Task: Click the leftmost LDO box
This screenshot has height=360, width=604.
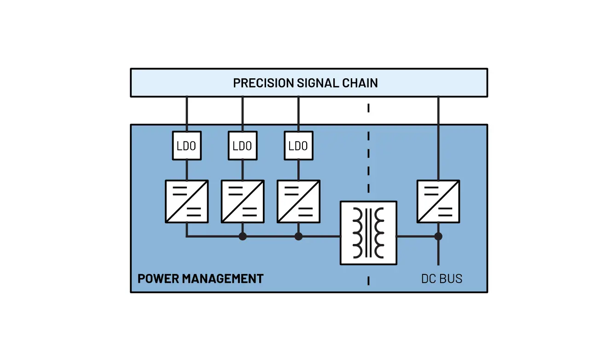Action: pos(186,146)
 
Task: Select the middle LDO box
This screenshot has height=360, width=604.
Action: pos(243,146)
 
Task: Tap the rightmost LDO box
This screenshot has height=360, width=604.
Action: pos(298,146)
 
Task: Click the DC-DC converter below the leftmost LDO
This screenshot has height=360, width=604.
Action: pos(186,201)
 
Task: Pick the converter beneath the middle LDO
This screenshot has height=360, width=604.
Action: pos(243,201)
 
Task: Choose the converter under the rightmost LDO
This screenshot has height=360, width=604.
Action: pos(298,201)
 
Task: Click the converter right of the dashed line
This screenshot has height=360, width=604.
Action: pos(438,201)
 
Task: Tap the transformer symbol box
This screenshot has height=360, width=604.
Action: pos(368,233)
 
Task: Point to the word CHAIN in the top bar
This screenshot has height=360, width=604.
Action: pos(360,83)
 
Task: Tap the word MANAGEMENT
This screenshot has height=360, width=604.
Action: pos(223,279)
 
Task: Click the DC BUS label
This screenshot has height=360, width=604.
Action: pos(441,279)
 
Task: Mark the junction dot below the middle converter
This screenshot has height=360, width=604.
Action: pos(243,236)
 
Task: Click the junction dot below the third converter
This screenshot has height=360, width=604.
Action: pos(298,236)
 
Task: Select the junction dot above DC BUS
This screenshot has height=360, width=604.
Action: pos(438,236)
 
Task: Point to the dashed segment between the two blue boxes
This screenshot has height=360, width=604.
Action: pos(368,109)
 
